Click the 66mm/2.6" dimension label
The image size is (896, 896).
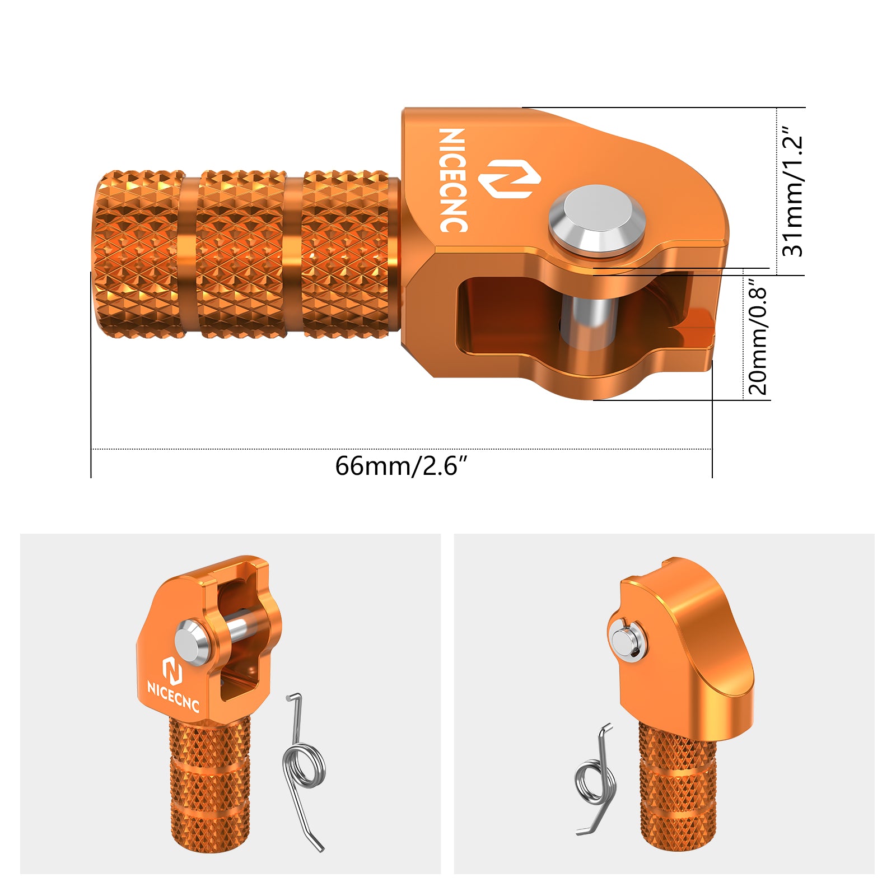(x=400, y=466)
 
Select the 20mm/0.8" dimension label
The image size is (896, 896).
(x=757, y=339)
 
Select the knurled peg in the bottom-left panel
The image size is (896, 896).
(x=209, y=784)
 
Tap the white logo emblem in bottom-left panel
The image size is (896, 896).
(x=172, y=670)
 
